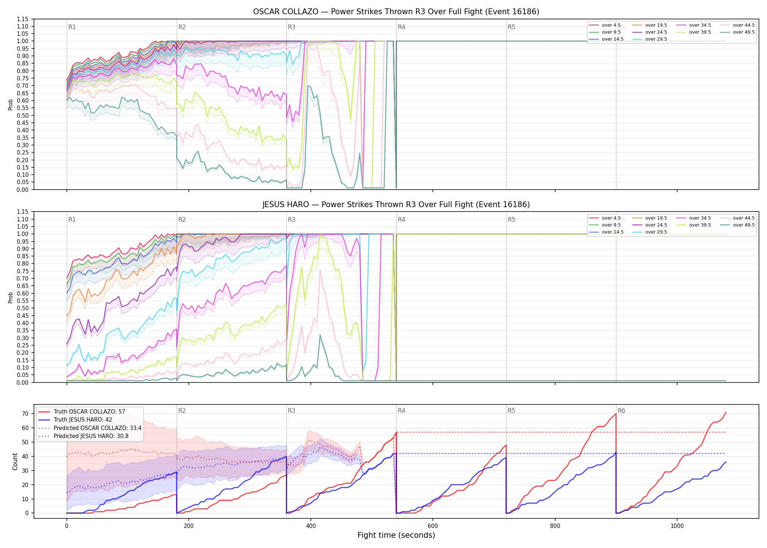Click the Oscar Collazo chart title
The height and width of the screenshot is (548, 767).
pos(396,12)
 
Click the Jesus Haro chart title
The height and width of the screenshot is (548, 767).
pos(396,205)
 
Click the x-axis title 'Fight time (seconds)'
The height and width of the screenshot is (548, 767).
pos(396,535)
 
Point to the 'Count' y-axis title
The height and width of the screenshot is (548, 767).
pos(15,461)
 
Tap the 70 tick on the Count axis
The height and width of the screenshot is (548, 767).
pos(25,414)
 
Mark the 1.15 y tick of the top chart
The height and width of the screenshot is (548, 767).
pos(22,19)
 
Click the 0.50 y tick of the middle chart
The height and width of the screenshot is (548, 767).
pos(22,308)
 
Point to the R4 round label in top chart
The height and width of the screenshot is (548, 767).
pos(401,27)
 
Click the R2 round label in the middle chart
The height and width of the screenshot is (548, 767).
pos(182,220)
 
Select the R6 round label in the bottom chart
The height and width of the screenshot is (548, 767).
pos(621,411)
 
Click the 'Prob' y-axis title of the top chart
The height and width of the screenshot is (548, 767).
pos(11,105)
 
